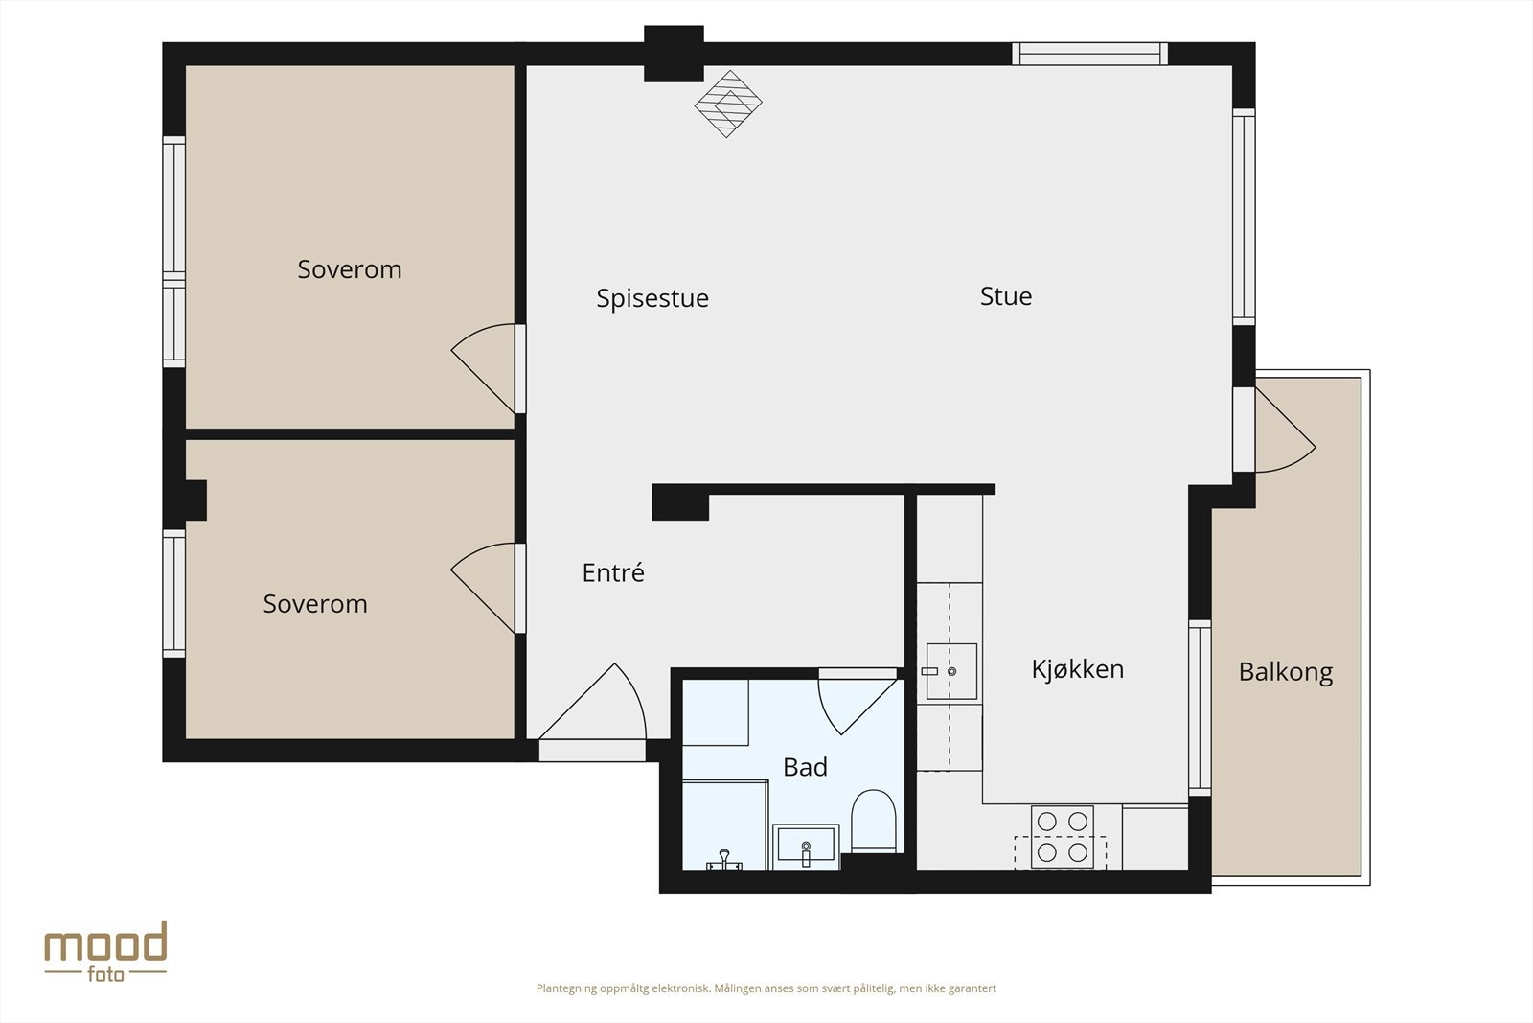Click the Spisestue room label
[x=652, y=298]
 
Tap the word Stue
[x=1006, y=296]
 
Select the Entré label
[x=613, y=572]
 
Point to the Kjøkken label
[x=1077, y=669]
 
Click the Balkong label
[x=1285, y=672]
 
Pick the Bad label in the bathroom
[x=805, y=767]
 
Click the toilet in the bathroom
[x=873, y=821]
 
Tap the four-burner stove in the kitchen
[x=1063, y=837]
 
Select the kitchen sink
[x=951, y=671]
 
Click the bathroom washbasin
[x=806, y=847]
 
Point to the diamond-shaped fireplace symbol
[x=728, y=105]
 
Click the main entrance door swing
[x=593, y=702]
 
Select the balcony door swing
[x=1285, y=430]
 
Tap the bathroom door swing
[x=858, y=707]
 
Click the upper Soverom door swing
[x=483, y=368]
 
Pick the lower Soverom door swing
[x=483, y=588]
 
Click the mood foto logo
[x=106, y=952]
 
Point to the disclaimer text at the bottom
[x=766, y=988]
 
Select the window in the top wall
[x=1089, y=54]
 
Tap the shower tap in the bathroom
[x=724, y=861]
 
